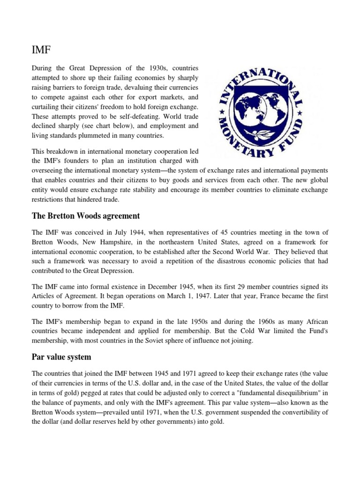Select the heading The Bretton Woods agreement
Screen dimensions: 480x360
[85, 216]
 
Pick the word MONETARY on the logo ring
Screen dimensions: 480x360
[239, 140]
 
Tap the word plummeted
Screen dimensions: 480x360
[111, 135]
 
